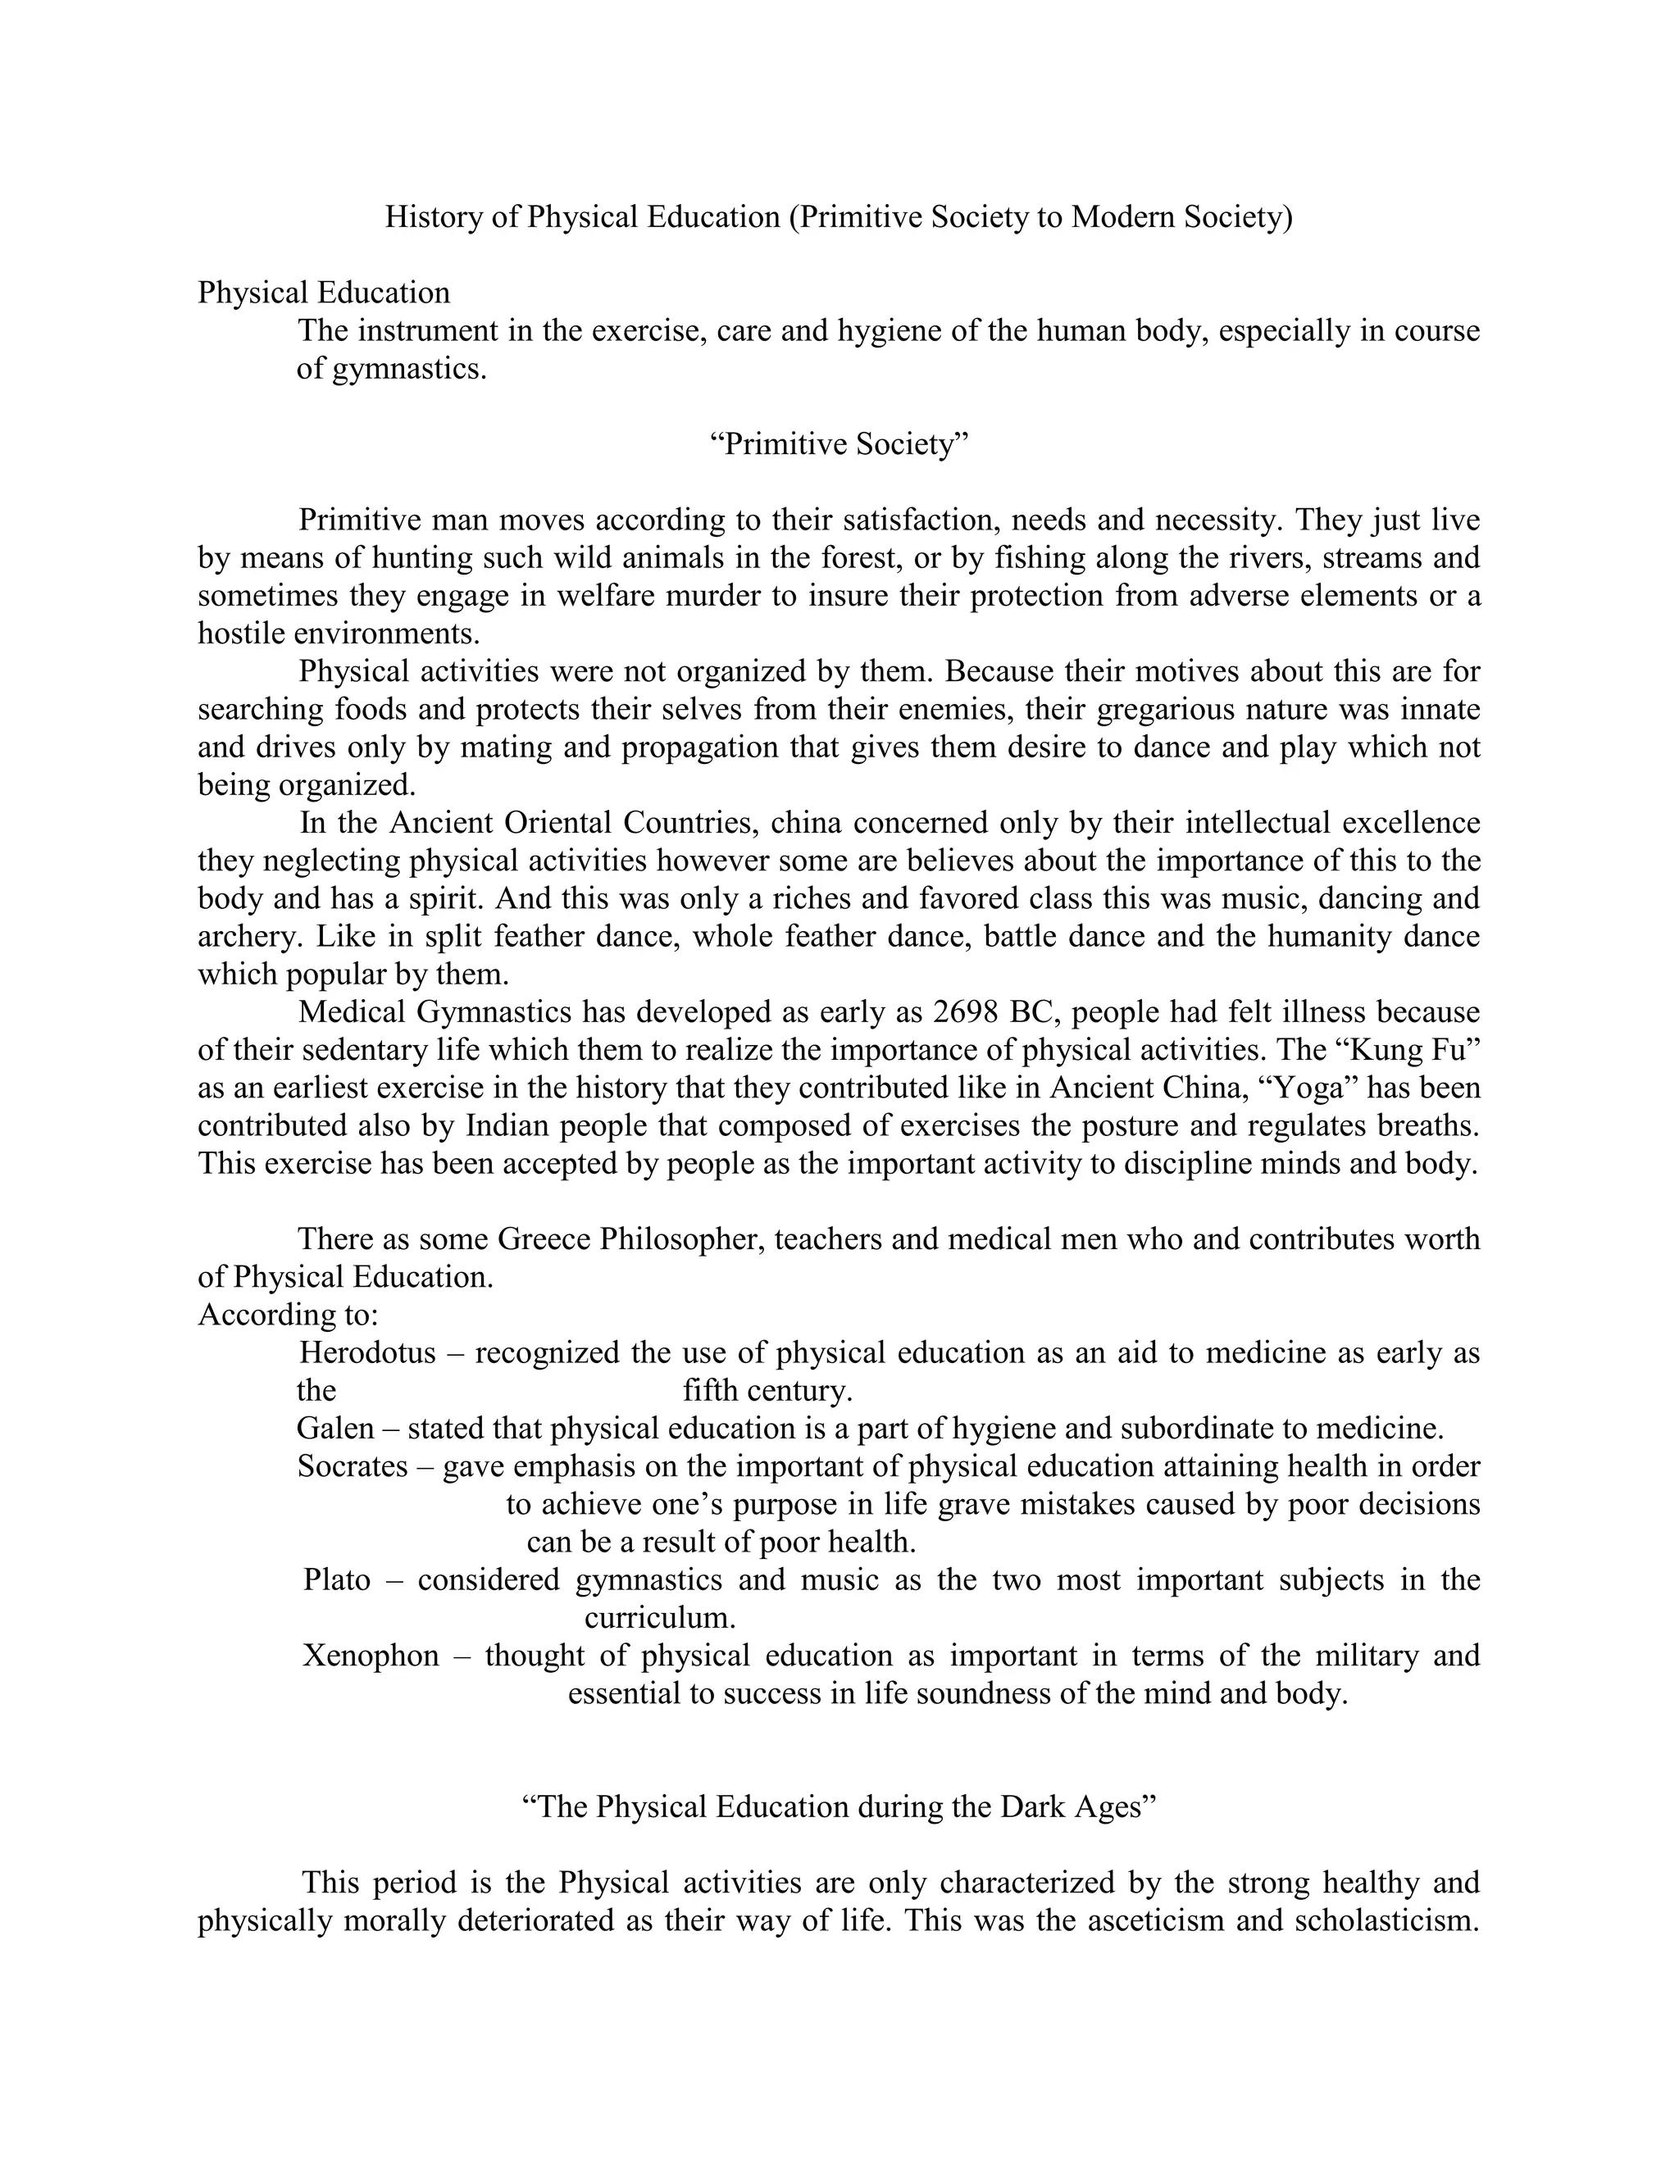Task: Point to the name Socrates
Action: (x=352, y=1466)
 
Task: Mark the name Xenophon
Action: (x=370, y=1655)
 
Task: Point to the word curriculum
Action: (x=659, y=1617)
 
